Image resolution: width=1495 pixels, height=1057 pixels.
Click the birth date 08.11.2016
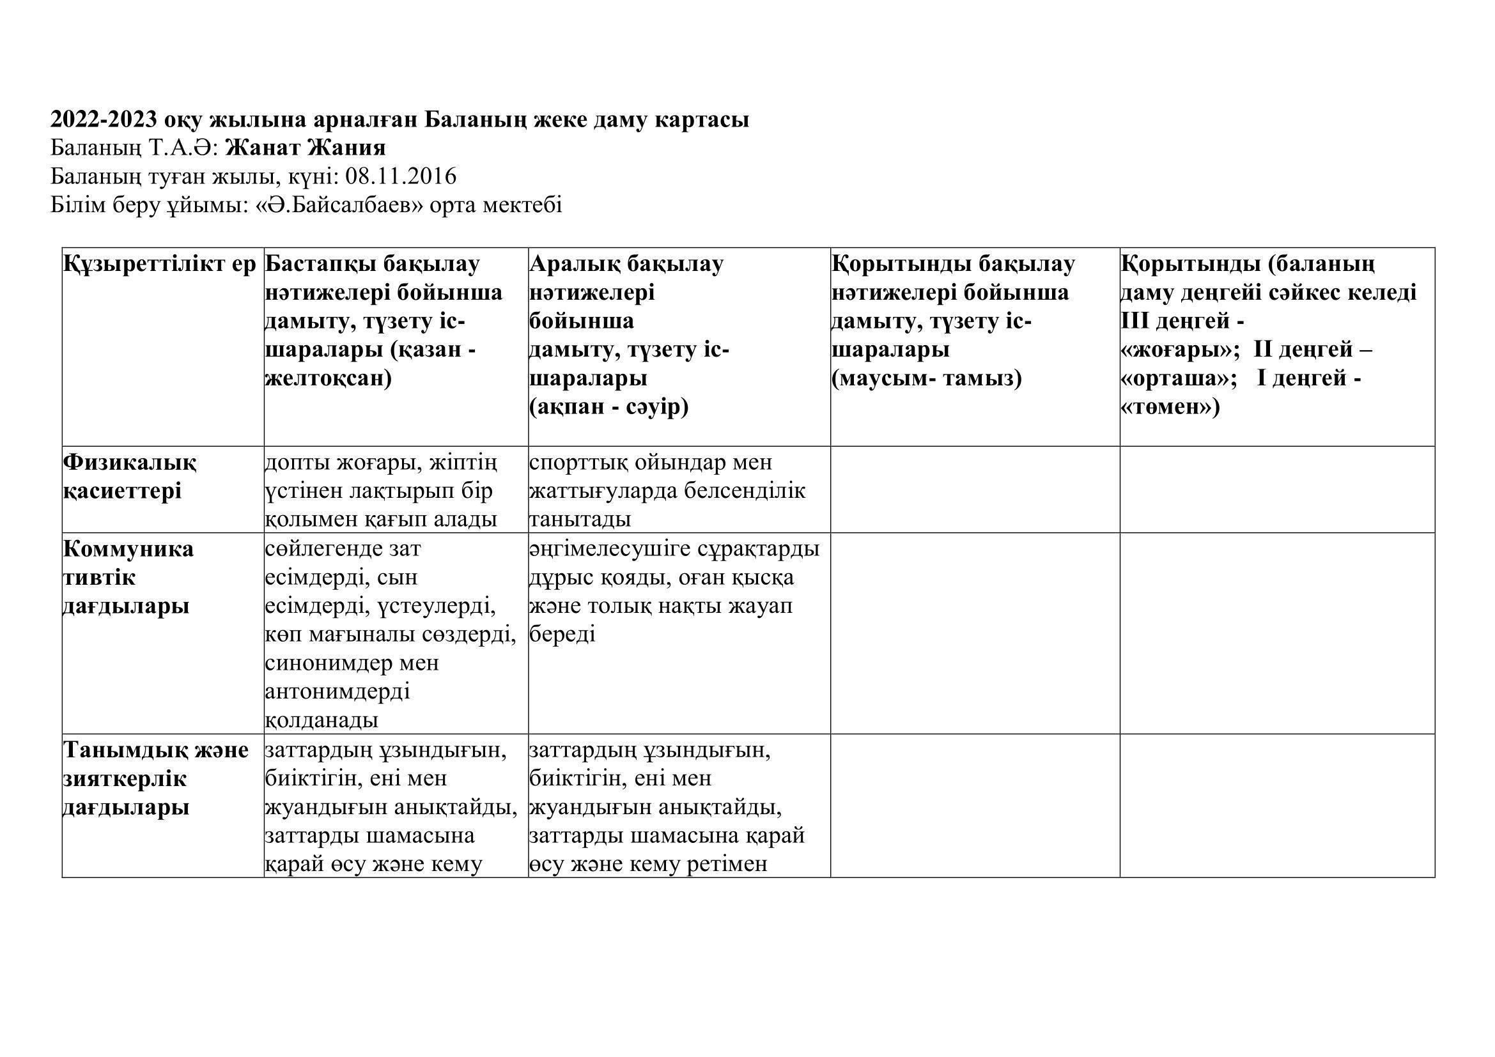point(401,176)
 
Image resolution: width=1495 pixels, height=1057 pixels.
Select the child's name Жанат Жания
point(306,148)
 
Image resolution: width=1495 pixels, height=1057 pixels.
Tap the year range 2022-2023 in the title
point(104,119)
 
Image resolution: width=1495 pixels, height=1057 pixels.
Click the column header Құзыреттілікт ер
point(160,265)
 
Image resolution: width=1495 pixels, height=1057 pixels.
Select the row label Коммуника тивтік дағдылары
point(128,577)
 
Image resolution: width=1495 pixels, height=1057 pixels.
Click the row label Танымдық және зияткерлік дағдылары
point(155,778)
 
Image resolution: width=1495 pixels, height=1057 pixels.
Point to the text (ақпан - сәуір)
point(609,408)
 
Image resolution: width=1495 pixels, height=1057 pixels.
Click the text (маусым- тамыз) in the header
point(927,379)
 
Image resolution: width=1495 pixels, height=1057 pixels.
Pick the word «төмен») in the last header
point(1170,408)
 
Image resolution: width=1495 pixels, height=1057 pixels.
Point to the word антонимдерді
point(337,691)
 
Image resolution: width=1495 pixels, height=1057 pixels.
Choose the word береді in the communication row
point(562,635)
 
